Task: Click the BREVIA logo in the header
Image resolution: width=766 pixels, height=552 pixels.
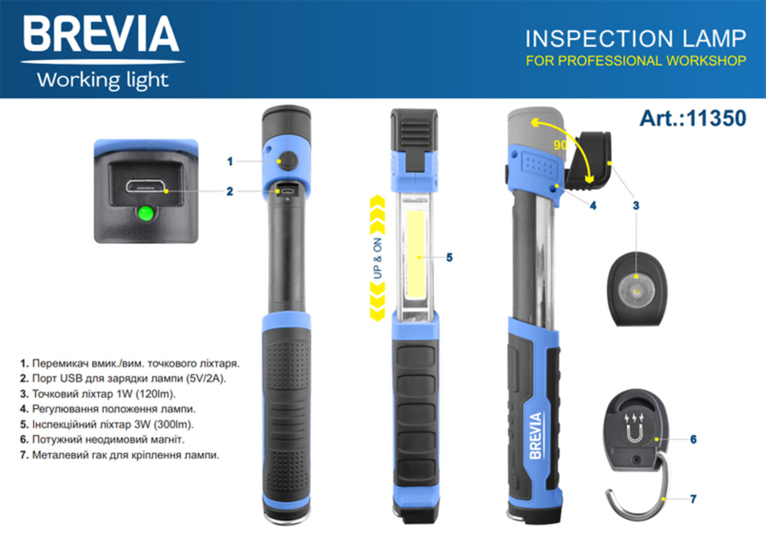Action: coord(102,35)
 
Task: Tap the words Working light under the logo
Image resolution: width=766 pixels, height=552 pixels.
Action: coord(103,81)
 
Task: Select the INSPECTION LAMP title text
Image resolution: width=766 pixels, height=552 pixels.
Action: coord(635,39)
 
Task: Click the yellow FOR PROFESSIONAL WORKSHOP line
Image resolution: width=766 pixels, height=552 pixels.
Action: coord(635,61)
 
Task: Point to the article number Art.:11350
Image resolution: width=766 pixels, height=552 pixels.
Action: coord(693,119)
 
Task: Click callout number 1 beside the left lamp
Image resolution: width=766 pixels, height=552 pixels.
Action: coord(230,162)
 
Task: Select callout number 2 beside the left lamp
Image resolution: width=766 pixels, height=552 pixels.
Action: coord(230,191)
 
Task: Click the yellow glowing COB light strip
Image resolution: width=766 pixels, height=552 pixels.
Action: coord(418,255)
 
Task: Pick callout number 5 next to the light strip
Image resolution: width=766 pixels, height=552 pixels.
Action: coord(449,258)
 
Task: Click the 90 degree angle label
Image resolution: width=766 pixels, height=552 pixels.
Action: coord(560,145)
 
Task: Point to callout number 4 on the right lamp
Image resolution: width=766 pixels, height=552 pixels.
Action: coord(592,206)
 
